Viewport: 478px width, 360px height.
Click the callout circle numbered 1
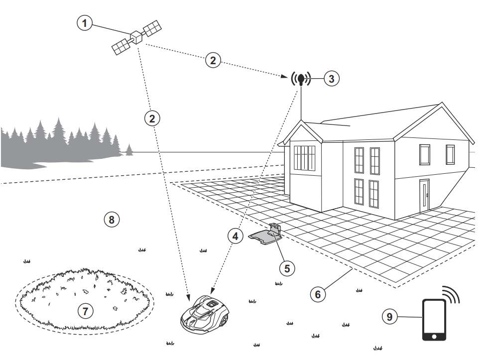[85, 23]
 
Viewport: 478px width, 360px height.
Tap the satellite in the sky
[136, 37]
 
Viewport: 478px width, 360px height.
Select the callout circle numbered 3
[332, 78]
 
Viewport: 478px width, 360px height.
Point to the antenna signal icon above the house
[301, 79]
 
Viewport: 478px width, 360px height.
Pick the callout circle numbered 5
[287, 268]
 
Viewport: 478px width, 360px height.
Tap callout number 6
[318, 294]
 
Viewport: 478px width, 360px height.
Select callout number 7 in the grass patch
[85, 311]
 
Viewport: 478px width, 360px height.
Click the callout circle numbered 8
[112, 219]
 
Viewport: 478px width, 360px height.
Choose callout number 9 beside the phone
[390, 316]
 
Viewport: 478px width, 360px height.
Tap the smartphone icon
[434, 320]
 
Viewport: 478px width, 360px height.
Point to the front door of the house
[424, 196]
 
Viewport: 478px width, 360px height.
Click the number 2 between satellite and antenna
[213, 61]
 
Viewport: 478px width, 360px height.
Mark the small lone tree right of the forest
[129, 149]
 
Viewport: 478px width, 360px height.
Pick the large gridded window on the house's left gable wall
[304, 158]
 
